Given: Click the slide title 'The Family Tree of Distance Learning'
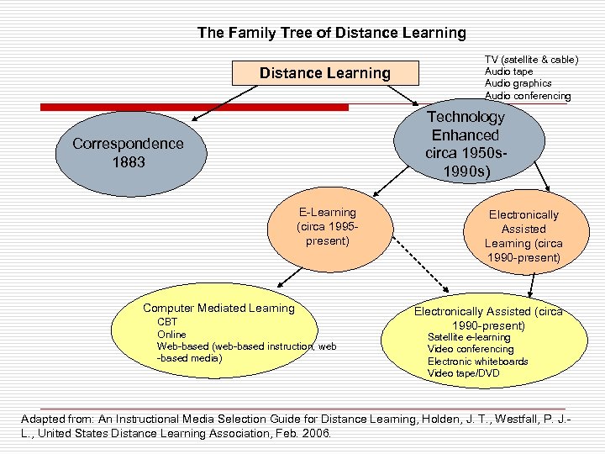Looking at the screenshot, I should click(x=331, y=33).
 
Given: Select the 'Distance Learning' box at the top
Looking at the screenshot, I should click(x=324, y=73).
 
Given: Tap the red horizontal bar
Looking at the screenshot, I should click(x=193, y=107).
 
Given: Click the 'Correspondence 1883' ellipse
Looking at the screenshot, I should click(x=127, y=152).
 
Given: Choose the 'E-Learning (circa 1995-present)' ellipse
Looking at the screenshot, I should click(x=327, y=227).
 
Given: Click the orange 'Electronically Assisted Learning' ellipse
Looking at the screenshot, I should click(x=523, y=236).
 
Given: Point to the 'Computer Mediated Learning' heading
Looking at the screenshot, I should click(x=218, y=309).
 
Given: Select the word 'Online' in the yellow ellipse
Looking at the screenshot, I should click(x=172, y=335).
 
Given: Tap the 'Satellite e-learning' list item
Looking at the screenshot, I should click(x=469, y=337).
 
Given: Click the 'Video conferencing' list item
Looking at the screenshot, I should click(x=471, y=349).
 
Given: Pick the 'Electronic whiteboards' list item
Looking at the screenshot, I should click(x=477, y=362).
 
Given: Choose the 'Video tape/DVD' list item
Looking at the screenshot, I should click(x=463, y=373).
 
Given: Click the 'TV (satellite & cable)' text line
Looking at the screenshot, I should click(x=531, y=59).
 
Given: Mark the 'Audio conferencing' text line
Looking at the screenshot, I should click(x=527, y=96).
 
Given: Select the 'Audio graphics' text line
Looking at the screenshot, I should click(x=518, y=83).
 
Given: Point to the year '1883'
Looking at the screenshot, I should click(x=128, y=161).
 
